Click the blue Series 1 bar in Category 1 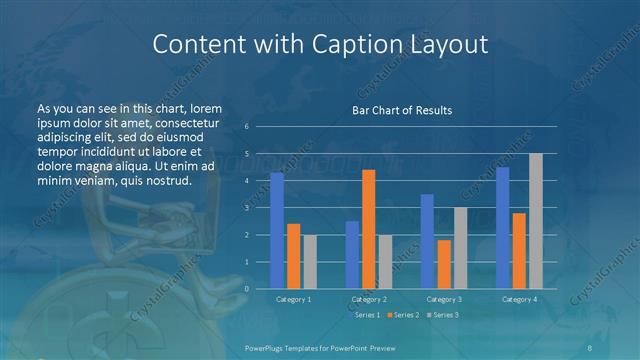click(x=277, y=230)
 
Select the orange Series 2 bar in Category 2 click(x=369, y=229)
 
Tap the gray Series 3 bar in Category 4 click(x=536, y=221)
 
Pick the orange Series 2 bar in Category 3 click(x=443, y=264)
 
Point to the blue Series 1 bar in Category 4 click(x=502, y=227)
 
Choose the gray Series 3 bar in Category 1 click(x=310, y=261)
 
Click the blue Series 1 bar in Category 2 click(x=352, y=254)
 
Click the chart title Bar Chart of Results click(x=402, y=110)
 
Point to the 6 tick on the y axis click(x=247, y=127)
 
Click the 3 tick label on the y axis click(x=247, y=208)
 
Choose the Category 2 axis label click(x=369, y=299)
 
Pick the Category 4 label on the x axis click(x=519, y=299)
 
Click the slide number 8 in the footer click(x=591, y=346)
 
